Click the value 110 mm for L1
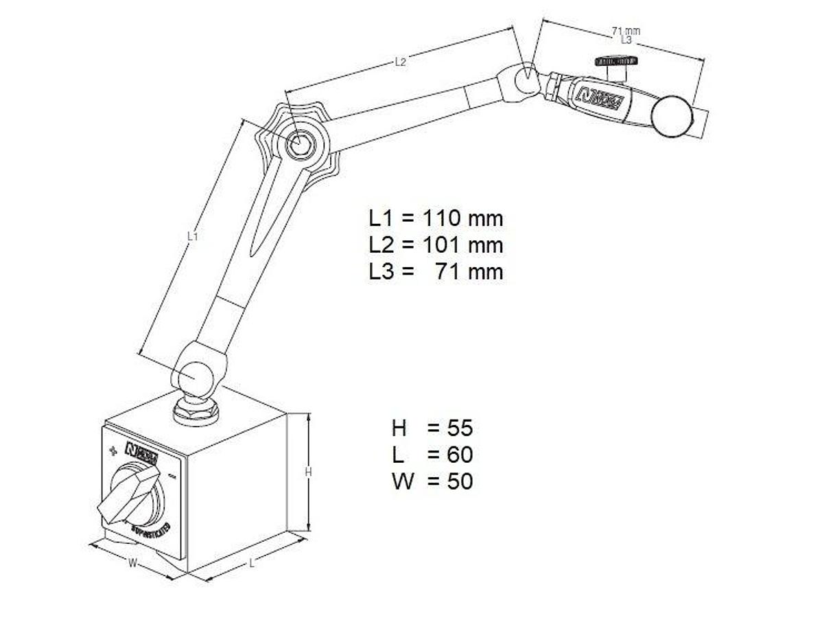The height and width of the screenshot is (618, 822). click(x=461, y=218)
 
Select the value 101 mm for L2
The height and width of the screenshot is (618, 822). click(x=461, y=245)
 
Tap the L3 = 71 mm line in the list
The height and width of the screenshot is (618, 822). click(x=436, y=271)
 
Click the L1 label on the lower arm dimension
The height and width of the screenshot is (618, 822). click(x=193, y=236)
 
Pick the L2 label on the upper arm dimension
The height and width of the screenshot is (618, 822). click(x=400, y=62)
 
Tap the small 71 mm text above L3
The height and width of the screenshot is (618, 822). click(x=625, y=30)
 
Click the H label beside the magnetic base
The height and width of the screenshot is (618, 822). click(x=309, y=472)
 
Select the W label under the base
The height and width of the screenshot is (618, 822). click(x=133, y=563)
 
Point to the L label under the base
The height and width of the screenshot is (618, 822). click(x=252, y=563)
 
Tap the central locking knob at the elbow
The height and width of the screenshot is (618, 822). click(x=299, y=144)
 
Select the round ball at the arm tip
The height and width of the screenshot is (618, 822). click(x=671, y=118)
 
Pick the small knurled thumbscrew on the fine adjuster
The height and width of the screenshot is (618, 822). click(x=614, y=62)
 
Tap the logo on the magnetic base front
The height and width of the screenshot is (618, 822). click(x=142, y=451)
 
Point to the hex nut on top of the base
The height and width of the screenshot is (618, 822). click(x=196, y=411)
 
